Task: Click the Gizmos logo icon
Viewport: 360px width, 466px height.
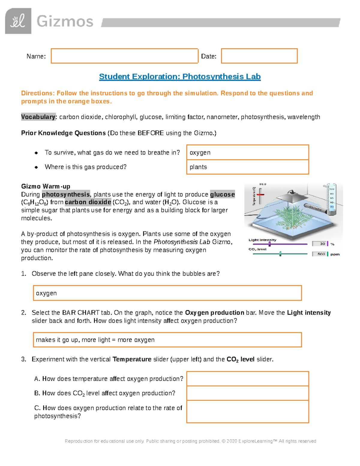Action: pyautogui.click(x=18, y=21)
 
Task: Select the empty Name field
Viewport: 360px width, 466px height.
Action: pyautogui.click(x=124, y=56)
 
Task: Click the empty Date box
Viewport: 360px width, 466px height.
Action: pyautogui.click(x=259, y=56)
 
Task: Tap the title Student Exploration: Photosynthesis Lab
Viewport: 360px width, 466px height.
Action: pyautogui.click(x=180, y=77)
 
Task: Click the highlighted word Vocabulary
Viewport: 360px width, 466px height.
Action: pyautogui.click(x=38, y=117)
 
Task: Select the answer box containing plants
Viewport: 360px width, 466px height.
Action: pyautogui.click(x=247, y=167)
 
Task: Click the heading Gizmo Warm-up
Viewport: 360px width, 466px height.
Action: pyautogui.click(x=46, y=186)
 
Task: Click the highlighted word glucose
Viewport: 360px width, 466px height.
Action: pyautogui.click(x=222, y=194)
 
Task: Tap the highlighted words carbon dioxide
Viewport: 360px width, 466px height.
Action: pyautogui.click(x=88, y=202)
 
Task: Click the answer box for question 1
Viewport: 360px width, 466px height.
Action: pyautogui.click(x=167, y=293)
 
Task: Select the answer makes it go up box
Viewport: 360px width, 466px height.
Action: pyautogui.click(x=167, y=340)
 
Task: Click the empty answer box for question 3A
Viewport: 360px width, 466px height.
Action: pyautogui.click(x=247, y=379)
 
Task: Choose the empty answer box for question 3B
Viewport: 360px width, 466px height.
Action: pyautogui.click(x=247, y=393)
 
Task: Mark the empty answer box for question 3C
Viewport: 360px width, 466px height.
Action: pyautogui.click(x=247, y=412)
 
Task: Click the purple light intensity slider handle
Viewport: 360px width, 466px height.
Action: pyautogui.click(x=269, y=244)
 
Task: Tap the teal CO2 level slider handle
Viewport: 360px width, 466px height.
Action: pyautogui.click(x=280, y=254)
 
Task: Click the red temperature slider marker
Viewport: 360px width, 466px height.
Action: pyautogui.click(x=260, y=194)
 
